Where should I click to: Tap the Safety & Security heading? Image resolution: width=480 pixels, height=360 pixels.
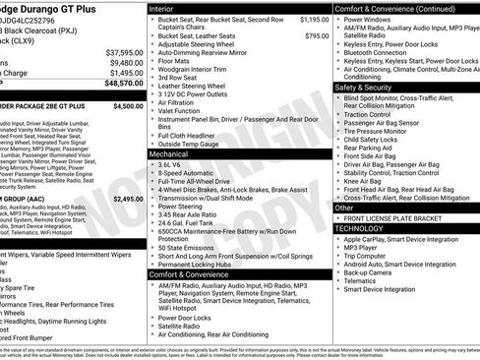tap(370, 87)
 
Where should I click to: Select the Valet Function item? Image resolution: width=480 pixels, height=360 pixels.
tap(182, 109)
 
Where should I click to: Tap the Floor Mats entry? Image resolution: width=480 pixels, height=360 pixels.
tap(176, 61)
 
